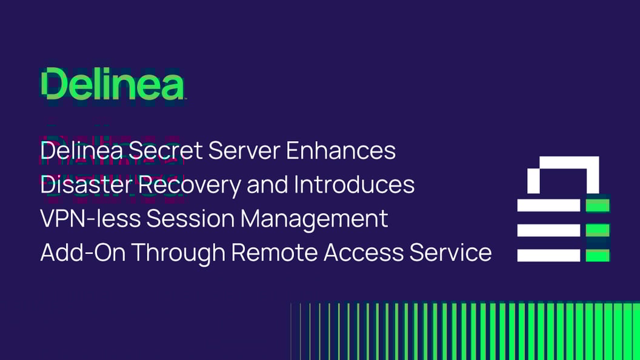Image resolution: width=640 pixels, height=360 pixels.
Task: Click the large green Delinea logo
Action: tap(113, 84)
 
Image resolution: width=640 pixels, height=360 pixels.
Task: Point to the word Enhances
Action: tap(341, 150)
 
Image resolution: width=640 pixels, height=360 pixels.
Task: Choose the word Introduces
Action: tap(354, 184)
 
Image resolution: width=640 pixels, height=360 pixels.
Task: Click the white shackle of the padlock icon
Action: tap(563, 164)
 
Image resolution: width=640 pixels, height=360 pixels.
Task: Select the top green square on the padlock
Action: tap(597, 205)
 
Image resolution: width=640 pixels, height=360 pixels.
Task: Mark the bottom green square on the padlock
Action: tap(597, 255)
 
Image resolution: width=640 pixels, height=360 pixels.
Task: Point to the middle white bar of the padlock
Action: tap(548, 230)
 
